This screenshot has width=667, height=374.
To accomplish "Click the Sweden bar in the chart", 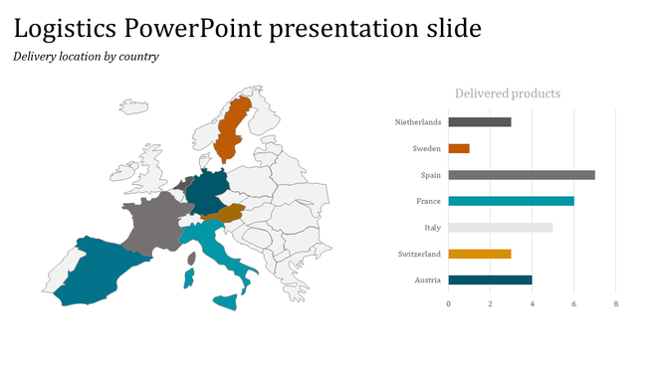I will pos(459,148).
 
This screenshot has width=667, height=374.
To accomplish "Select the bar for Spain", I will pos(522,175).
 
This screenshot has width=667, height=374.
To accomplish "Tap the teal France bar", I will pos(511,201).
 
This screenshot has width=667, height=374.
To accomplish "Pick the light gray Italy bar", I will pos(500,228).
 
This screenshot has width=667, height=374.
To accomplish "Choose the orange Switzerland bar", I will pos(480,254).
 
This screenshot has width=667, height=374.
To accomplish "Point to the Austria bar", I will pos(490,280).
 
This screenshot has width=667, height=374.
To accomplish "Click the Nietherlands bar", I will pos(480,122).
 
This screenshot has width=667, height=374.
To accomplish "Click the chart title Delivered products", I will pos(507,93).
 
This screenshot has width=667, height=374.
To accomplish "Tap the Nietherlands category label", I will pos(418,122).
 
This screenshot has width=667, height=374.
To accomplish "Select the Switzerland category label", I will pos(419,254).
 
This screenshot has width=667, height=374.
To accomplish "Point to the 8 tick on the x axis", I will pos(615,303).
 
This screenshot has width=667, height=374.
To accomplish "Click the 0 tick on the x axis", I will pos(448,303).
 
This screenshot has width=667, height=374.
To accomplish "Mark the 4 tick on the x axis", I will pos(532,303).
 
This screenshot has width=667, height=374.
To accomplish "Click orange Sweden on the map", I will pos(234,129).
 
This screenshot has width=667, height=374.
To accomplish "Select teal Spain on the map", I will pos(100,269).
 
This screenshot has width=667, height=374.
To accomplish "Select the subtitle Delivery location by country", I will pos(86,57).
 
